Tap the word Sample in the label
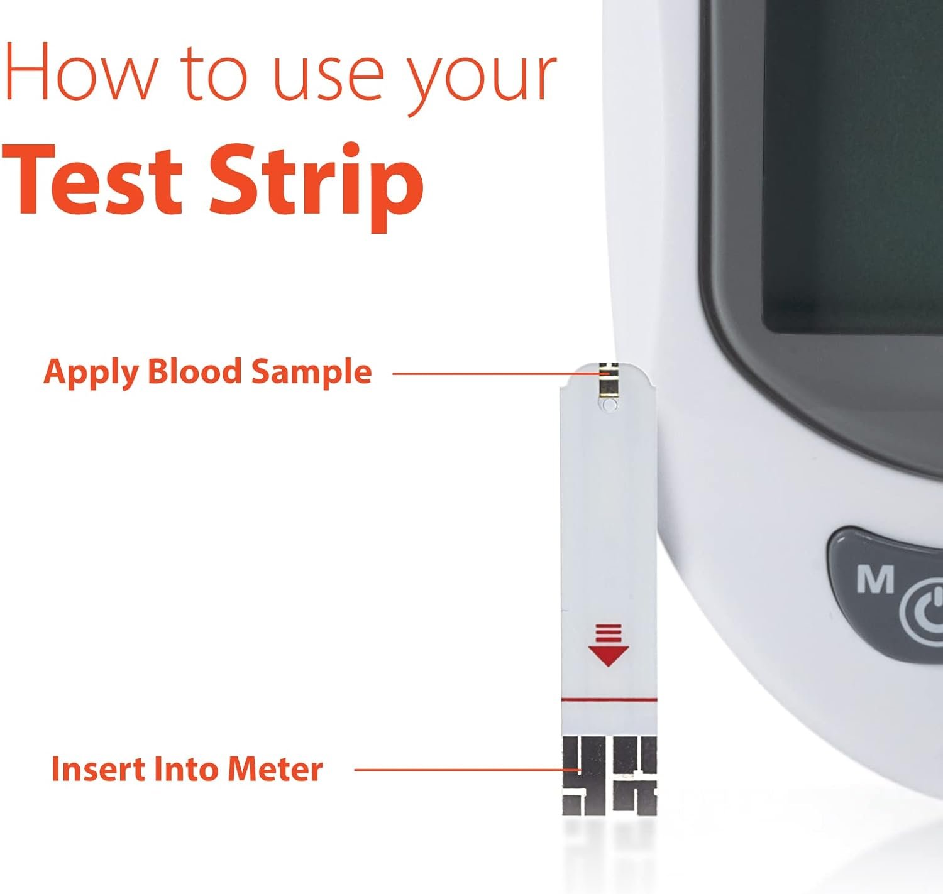coord(311,373)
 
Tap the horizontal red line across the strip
coord(609,699)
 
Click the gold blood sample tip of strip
coord(607,380)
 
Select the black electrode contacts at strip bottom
coord(609,776)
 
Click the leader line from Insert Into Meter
coord(459,769)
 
